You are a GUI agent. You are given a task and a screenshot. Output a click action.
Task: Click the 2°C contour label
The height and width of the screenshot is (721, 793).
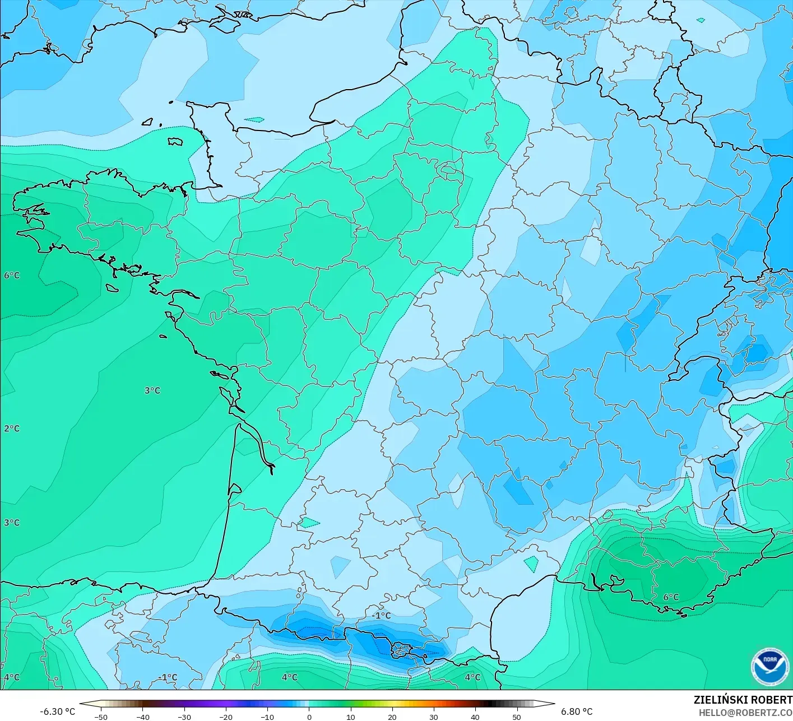[12, 429]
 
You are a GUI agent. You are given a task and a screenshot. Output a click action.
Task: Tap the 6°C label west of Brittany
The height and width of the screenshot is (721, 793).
[12, 275]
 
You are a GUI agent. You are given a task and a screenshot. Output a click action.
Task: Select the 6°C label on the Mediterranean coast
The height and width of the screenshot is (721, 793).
[671, 597]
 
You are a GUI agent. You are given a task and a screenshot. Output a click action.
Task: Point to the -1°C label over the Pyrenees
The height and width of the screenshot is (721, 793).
[381, 615]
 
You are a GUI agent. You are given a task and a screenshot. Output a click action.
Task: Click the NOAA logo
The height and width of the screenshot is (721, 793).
[769, 667]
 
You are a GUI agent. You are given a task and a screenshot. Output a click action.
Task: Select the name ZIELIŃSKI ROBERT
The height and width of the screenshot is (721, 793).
[743, 700]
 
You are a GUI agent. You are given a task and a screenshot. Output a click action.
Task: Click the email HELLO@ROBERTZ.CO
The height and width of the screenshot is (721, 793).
[745, 712]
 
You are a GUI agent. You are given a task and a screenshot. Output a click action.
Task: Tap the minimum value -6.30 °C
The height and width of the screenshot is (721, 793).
[57, 711]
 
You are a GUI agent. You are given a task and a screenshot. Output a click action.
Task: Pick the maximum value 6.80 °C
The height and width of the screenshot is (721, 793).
[577, 711]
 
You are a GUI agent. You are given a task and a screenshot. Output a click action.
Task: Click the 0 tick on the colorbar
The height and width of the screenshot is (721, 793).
[309, 717]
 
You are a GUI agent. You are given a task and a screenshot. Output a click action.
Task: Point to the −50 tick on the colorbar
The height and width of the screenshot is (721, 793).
[101, 717]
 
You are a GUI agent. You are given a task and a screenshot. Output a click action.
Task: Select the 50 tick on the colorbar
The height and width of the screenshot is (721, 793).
[516, 717]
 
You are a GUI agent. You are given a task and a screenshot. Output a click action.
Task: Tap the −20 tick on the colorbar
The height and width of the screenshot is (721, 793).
[225, 717]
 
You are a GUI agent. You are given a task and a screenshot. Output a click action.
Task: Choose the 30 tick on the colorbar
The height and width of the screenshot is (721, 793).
[433, 717]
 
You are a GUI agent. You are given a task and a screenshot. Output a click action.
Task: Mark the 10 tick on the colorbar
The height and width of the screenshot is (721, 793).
[350, 717]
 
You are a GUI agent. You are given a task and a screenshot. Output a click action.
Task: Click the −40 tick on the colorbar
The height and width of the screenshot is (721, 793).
[142, 717]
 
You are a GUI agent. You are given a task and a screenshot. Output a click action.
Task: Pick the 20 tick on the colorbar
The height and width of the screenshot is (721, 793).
[392, 717]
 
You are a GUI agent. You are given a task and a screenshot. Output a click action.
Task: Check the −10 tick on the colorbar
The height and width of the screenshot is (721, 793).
[267, 717]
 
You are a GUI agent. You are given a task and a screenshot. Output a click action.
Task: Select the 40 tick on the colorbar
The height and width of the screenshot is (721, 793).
[475, 717]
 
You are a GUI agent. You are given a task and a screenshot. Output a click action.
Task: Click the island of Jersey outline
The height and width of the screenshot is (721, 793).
[175, 141]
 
